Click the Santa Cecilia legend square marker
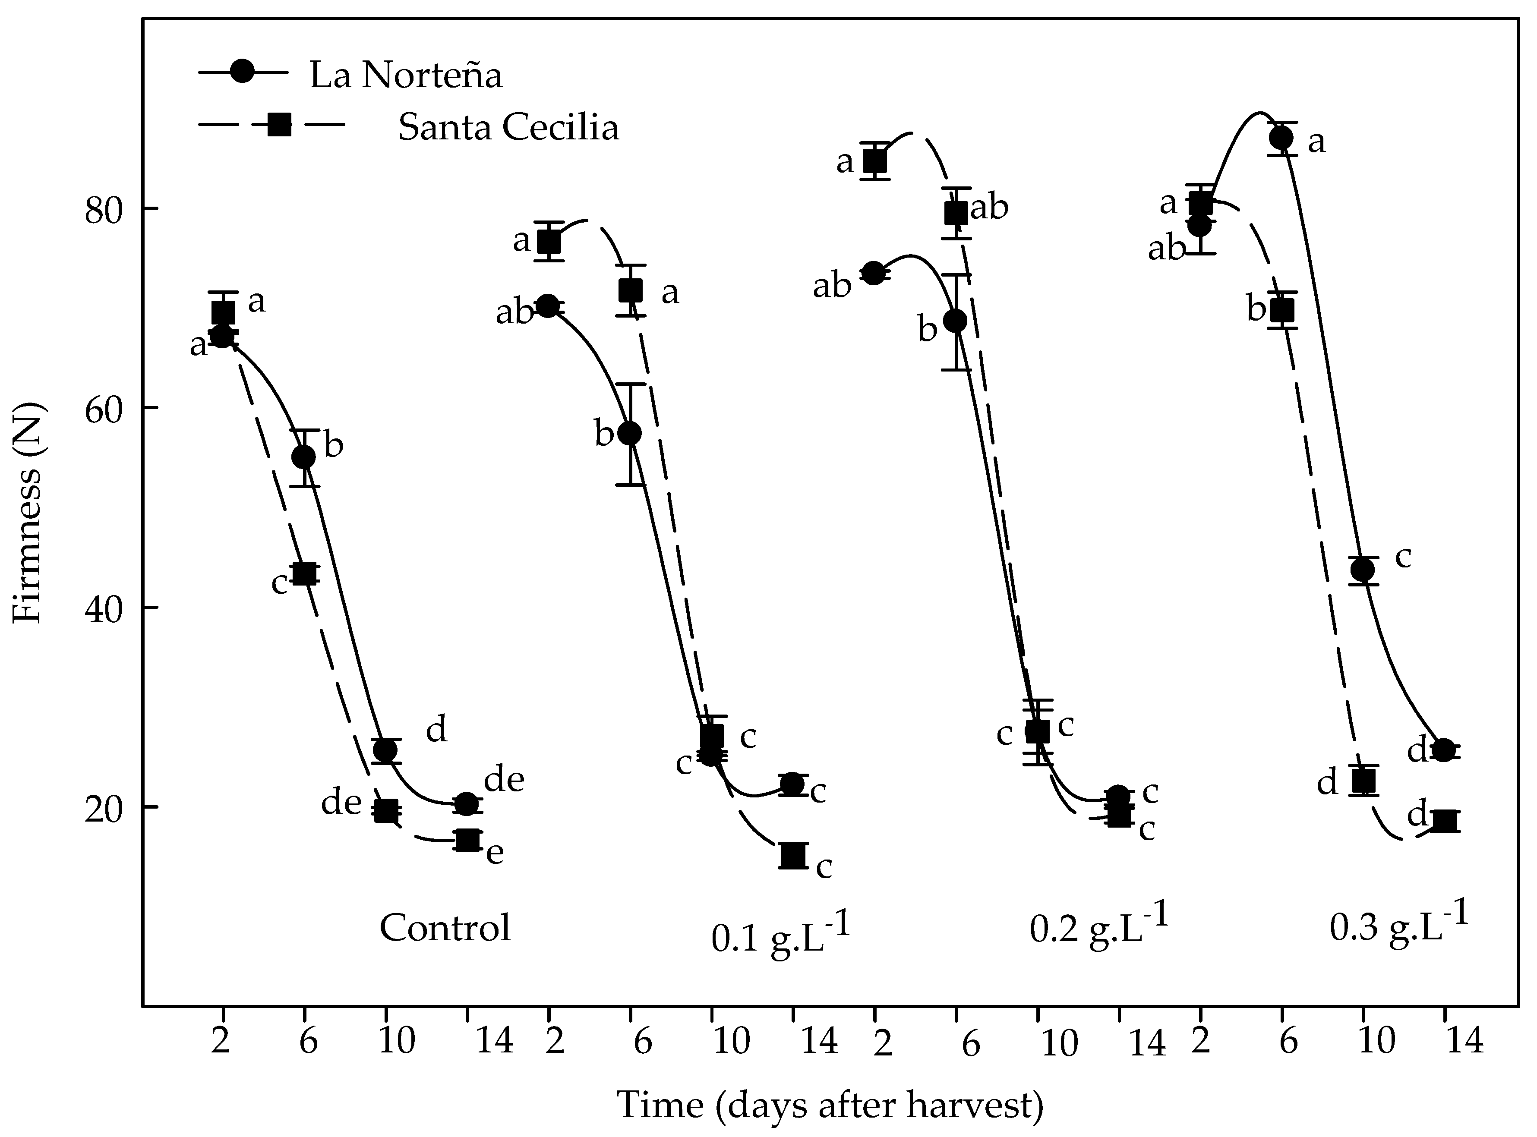(x=279, y=125)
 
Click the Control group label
(x=445, y=928)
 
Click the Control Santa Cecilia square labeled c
(x=304, y=573)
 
